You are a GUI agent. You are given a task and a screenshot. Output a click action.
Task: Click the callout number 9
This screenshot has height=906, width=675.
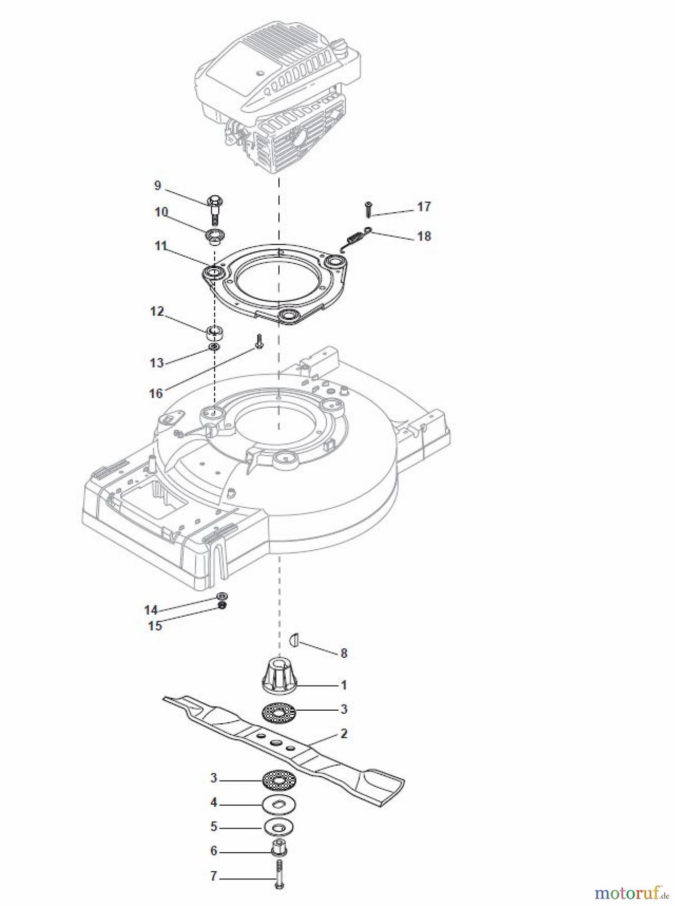tap(157, 186)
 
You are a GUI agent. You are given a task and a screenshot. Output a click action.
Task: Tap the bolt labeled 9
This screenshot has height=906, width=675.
tap(215, 208)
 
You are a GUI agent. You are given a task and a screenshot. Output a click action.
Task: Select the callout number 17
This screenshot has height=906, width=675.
tap(424, 206)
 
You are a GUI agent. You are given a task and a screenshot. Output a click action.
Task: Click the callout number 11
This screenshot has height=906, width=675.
tap(160, 246)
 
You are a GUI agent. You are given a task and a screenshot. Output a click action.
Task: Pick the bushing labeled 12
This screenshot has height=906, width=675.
tap(215, 333)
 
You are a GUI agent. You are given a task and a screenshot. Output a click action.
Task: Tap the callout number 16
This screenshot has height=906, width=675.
tap(156, 393)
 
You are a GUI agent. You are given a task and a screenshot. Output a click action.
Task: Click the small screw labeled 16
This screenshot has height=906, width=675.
tap(259, 341)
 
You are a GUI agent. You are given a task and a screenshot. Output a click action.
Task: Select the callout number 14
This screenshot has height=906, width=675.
tap(151, 610)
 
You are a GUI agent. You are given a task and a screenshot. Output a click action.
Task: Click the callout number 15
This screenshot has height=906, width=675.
tap(155, 626)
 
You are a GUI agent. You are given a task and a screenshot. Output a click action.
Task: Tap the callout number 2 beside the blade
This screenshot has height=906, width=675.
tap(344, 733)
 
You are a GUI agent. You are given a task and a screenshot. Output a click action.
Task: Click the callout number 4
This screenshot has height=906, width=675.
tap(213, 802)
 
